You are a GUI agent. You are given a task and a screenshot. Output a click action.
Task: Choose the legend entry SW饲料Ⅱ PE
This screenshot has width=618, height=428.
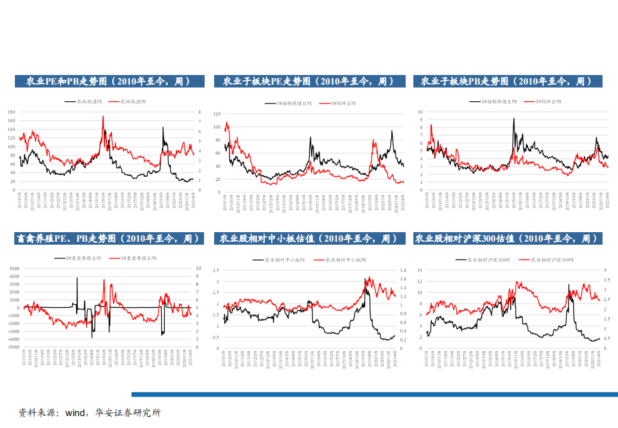point(343,103)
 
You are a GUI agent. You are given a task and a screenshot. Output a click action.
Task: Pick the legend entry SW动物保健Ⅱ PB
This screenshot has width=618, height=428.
point(499,102)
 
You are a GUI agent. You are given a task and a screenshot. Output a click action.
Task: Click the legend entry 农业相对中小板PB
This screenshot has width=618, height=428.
point(346,260)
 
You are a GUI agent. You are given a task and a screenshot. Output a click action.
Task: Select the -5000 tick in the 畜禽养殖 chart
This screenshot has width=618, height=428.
point(14,346)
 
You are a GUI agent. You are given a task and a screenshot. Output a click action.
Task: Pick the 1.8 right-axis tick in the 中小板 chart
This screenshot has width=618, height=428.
point(403,270)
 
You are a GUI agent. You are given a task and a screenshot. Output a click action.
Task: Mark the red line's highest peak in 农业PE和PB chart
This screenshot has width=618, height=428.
point(103,117)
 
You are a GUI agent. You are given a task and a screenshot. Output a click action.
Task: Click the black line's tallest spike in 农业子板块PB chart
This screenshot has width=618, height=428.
point(514,118)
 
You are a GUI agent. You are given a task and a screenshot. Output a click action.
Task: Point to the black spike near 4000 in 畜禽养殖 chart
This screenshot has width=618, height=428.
point(77,278)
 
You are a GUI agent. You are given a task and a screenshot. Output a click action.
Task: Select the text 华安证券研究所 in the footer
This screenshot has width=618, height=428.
point(127,413)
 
